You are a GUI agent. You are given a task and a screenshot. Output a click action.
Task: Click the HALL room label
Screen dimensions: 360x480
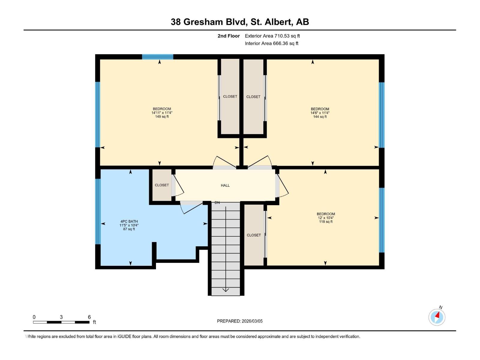[x=225, y=185]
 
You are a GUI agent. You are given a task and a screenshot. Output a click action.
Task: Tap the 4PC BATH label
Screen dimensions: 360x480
[x=129, y=221]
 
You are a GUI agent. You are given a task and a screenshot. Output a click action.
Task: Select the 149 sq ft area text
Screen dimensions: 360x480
[x=162, y=117]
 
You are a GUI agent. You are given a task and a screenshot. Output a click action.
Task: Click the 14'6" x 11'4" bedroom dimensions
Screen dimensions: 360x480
[x=320, y=113]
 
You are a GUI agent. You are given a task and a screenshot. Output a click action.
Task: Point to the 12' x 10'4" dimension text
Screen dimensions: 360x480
[x=325, y=218]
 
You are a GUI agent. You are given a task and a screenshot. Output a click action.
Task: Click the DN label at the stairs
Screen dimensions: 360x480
[x=217, y=203]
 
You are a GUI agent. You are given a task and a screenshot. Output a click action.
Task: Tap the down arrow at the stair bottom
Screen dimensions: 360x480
[x=226, y=289]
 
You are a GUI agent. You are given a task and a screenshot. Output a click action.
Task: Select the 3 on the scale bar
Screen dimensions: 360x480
[x=61, y=317]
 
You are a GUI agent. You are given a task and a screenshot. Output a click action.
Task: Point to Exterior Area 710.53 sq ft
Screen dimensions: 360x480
[x=272, y=36]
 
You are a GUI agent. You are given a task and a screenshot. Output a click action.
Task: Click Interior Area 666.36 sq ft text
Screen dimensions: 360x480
[x=271, y=43]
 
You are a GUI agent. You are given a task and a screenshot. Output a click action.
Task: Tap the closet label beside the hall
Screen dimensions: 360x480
[x=162, y=185]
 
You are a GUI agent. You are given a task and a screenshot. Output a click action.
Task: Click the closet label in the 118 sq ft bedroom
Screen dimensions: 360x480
[x=254, y=235]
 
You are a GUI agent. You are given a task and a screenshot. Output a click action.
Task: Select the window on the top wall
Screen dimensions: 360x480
[x=157, y=57]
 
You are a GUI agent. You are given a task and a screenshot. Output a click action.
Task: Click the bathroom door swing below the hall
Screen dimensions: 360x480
[x=191, y=207]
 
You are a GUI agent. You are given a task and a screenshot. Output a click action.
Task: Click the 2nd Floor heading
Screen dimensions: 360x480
[x=229, y=36]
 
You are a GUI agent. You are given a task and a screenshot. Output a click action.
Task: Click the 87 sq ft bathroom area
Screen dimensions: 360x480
[x=129, y=229]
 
